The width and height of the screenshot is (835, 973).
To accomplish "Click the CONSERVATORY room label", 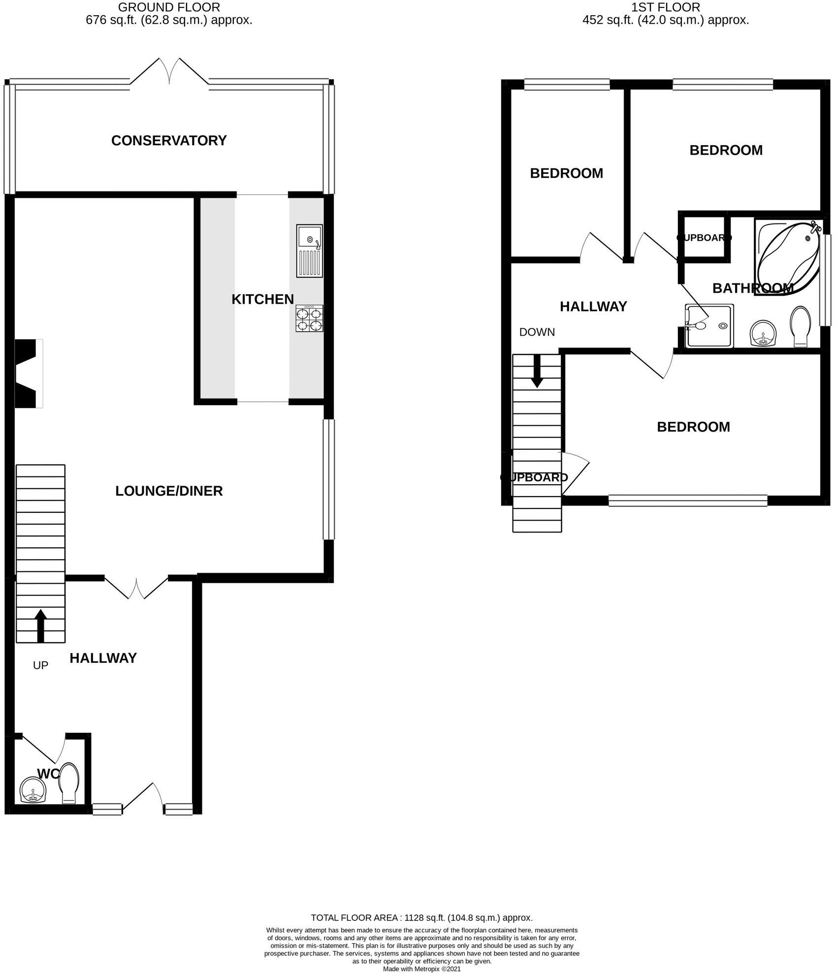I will coord(169,141).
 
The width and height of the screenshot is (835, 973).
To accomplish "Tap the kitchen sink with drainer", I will coord(309,251).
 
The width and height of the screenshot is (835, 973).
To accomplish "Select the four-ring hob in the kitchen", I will coord(309,318).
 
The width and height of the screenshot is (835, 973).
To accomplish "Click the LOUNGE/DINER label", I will coord(169,491).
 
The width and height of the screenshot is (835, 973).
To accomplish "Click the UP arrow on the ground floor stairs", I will coord(40,626).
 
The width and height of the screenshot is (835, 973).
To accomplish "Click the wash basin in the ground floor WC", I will coord(33,790).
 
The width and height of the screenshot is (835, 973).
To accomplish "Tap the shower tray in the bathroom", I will coord(709,326).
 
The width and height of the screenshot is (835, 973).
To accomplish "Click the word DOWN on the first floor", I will coord(537,332).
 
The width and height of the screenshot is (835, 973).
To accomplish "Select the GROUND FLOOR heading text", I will coord(169,7).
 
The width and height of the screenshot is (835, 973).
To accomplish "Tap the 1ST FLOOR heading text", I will coord(666,7).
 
